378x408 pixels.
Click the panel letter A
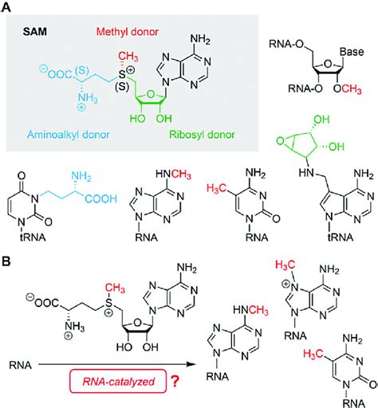(x=6, y=6)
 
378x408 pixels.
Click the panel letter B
(x=6, y=261)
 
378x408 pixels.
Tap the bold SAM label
(x=35, y=32)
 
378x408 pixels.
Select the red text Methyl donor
(x=128, y=32)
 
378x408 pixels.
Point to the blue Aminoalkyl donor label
(x=69, y=135)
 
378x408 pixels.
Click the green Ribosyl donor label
(x=202, y=135)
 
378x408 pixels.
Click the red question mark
(x=175, y=381)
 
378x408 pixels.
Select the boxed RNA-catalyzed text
(x=118, y=382)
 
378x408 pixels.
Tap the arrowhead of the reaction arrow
(x=191, y=364)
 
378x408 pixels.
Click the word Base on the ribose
(x=352, y=52)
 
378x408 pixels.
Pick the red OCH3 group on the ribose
(x=348, y=88)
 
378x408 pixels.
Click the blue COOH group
(x=101, y=198)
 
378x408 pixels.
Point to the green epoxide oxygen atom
(x=280, y=140)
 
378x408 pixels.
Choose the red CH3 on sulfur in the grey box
(x=128, y=57)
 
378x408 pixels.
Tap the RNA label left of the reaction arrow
(x=20, y=365)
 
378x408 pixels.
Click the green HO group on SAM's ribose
(x=137, y=119)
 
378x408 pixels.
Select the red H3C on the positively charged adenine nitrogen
(x=285, y=265)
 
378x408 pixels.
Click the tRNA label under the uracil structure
(x=33, y=237)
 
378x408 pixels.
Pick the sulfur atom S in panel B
(x=108, y=303)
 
